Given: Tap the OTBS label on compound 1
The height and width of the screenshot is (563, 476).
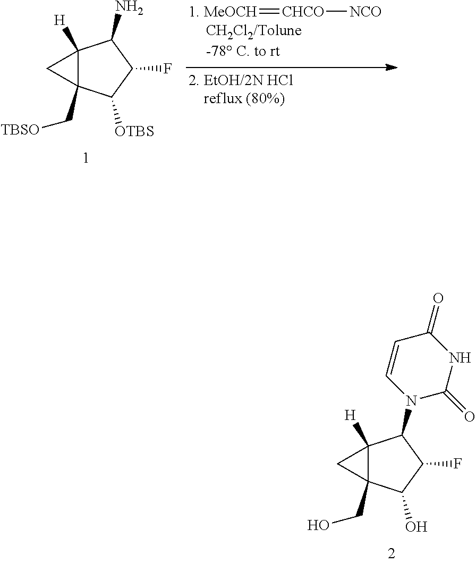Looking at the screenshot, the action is [x=134, y=131].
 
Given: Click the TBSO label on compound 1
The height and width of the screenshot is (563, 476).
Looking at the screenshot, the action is [x=21, y=130].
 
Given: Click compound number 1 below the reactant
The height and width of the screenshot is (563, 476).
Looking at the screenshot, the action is [x=86, y=158].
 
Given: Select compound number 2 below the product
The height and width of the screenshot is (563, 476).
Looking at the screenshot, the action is [x=392, y=553].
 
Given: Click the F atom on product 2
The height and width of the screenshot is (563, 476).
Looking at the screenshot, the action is [x=457, y=463].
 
